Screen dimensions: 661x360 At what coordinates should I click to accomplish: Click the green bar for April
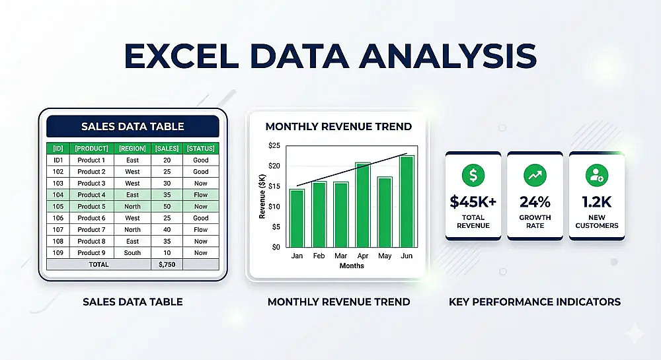click(362, 205)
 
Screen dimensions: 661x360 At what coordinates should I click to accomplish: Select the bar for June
click(407, 201)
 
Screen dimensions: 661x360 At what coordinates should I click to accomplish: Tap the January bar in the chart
click(297, 219)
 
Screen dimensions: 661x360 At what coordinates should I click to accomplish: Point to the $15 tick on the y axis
click(274, 186)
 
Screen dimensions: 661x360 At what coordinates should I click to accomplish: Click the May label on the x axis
click(385, 256)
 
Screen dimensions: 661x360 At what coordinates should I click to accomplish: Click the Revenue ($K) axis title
click(262, 197)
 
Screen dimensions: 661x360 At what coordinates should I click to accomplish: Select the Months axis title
click(352, 266)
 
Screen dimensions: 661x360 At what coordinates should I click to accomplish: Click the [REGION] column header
click(132, 148)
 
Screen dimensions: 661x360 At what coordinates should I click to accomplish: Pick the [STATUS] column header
click(201, 148)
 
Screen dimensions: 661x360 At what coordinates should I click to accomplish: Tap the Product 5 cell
click(91, 206)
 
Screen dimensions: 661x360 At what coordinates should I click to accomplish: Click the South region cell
click(132, 252)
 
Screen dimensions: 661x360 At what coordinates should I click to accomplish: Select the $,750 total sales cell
click(167, 264)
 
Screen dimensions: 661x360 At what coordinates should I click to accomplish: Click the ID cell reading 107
click(58, 229)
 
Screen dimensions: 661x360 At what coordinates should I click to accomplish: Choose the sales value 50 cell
click(167, 206)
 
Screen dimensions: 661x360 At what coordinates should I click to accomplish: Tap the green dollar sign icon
click(473, 175)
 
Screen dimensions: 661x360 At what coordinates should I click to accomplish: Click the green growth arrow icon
click(535, 175)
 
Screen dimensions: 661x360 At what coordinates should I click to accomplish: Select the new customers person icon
click(597, 175)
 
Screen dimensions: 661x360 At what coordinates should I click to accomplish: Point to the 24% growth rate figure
click(535, 202)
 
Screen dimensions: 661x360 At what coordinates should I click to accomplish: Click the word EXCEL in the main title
click(182, 55)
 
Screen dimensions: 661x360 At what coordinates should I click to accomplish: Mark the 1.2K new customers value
click(597, 202)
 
